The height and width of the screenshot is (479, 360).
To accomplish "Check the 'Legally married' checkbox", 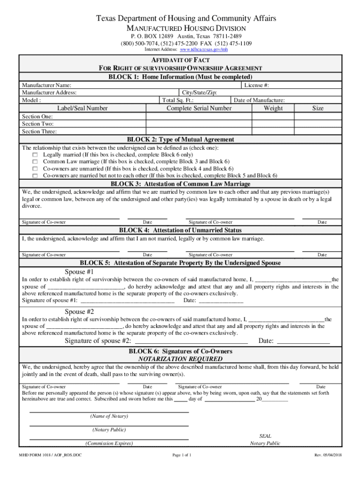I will (x=35, y=154).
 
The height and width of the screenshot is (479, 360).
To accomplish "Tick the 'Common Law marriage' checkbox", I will (x=35, y=161).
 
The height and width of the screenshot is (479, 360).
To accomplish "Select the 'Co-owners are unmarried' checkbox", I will (x=35, y=168).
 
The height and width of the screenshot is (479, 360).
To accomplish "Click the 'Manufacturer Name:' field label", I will (x=47, y=85).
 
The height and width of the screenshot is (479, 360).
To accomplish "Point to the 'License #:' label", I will (x=256, y=85).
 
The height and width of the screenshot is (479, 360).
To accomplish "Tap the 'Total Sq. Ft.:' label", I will (x=178, y=100).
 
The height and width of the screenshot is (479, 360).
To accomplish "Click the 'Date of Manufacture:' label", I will (x=259, y=100).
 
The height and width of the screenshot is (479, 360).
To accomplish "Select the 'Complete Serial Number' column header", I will (x=199, y=108).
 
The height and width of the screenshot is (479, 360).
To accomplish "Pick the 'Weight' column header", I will (x=273, y=108).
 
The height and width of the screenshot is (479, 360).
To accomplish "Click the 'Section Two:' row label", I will (x=38, y=124).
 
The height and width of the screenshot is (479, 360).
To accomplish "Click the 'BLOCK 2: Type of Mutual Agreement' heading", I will (x=180, y=139).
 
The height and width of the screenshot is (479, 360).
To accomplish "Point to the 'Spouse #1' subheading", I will (x=79, y=272).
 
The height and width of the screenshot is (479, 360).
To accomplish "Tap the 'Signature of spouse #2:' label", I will (x=98, y=341).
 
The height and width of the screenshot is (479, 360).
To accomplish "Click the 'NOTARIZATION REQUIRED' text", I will (x=180, y=359).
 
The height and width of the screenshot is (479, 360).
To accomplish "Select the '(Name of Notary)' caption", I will (x=109, y=416).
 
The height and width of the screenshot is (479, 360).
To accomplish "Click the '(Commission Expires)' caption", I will (x=109, y=443).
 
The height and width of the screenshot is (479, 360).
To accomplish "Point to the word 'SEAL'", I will (x=265, y=435).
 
